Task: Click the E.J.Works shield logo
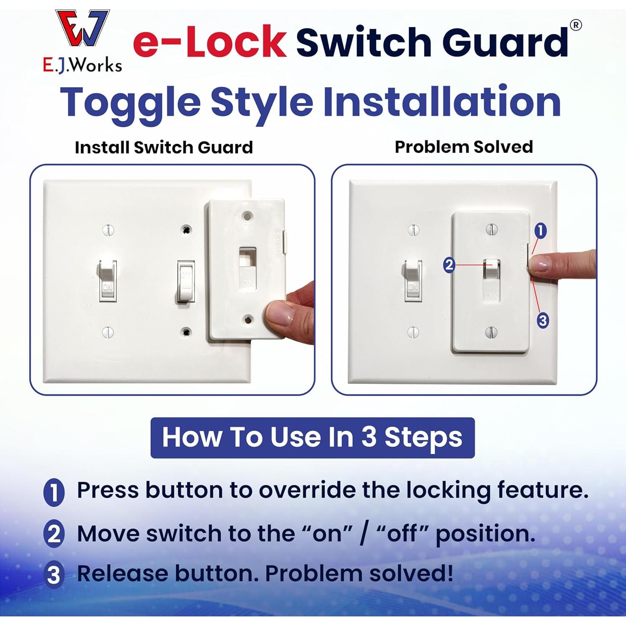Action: [83, 28]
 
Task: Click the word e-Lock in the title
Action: [210, 42]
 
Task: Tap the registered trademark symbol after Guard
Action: [576, 25]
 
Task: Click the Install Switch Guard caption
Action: [164, 147]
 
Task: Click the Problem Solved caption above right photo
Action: [464, 147]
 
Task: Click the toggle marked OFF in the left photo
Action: [186, 280]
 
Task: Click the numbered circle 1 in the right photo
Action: [540, 230]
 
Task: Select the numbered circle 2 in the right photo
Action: [449, 265]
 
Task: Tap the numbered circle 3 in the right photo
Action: [542, 321]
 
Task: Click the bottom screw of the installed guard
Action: [491, 332]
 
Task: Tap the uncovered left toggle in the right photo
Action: [413, 279]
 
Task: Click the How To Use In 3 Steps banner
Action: [312, 437]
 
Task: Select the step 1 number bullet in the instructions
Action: [54, 492]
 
